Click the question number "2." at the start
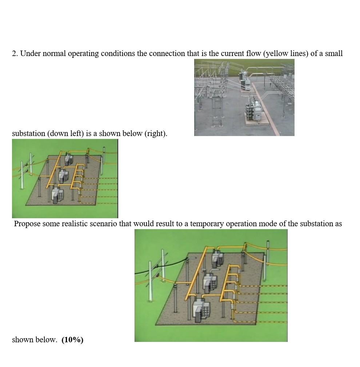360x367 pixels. tap(15, 53)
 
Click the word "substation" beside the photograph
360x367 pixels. tap(29, 133)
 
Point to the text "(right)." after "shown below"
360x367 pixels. tap(156, 133)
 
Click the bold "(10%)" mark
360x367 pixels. tap(72, 340)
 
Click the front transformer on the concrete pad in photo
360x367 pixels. tap(256, 110)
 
